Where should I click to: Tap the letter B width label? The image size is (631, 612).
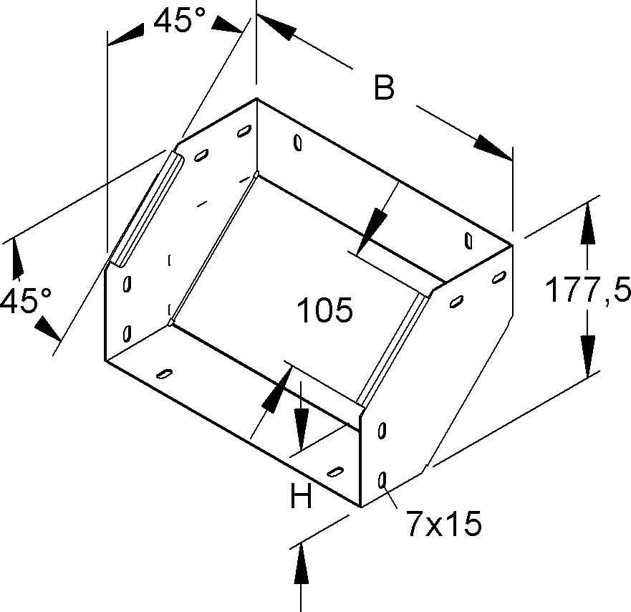tap(384, 87)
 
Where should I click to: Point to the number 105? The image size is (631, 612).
tap(324, 310)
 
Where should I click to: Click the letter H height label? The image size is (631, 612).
tap(301, 495)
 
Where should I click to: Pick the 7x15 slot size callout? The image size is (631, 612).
tap(444, 523)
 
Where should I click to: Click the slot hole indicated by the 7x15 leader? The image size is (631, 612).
tap(382, 479)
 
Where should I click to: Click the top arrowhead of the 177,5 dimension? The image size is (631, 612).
tap(587, 224)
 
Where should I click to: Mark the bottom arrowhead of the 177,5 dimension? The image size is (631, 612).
tap(587, 356)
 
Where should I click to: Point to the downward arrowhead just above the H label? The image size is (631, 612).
tap(301, 429)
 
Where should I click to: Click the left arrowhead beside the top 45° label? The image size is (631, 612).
tap(126, 34)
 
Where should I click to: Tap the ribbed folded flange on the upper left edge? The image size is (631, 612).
tap(148, 209)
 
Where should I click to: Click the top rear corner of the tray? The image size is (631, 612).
tap(256, 99)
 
